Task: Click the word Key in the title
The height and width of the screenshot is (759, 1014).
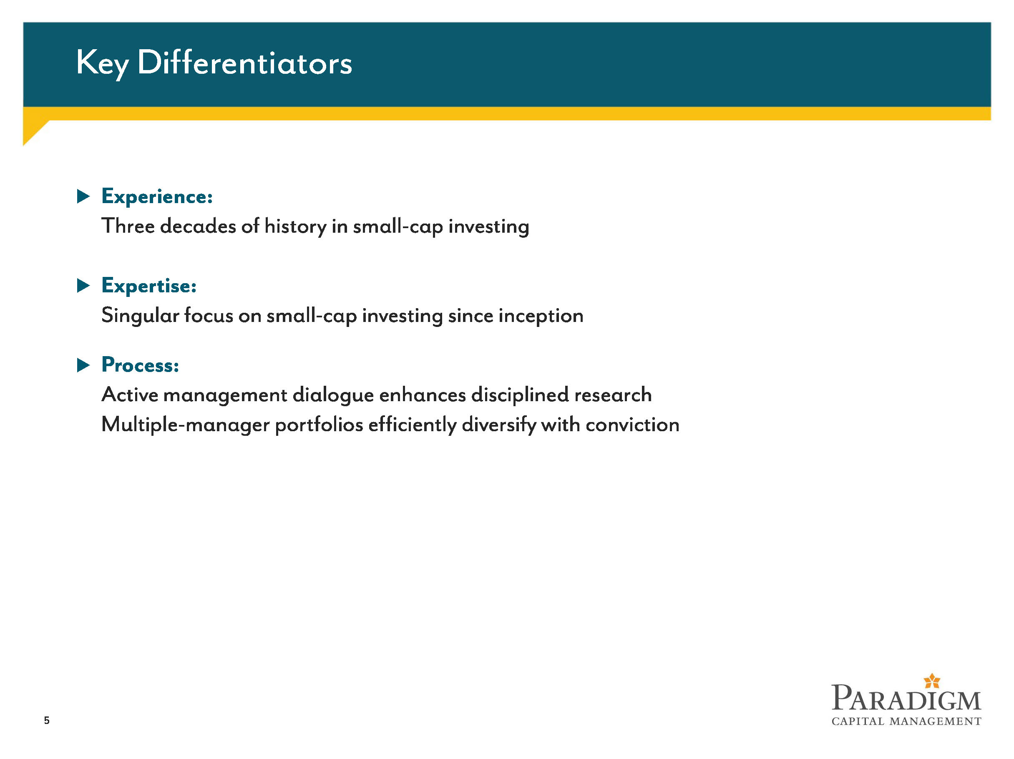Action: pos(102,64)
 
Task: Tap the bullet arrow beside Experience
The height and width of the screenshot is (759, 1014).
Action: pos(83,196)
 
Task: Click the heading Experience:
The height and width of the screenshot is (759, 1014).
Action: pos(157,196)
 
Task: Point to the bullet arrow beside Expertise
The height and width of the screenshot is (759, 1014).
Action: pos(83,286)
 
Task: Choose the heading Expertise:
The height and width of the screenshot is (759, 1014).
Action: pos(149,286)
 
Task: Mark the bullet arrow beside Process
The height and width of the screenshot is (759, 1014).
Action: pos(83,365)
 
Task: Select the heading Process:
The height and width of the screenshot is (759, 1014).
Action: pos(140,365)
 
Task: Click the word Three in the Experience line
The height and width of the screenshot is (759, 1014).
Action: pos(128,226)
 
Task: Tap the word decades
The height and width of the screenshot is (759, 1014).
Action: pos(199,226)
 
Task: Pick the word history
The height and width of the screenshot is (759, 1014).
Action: pos(296,227)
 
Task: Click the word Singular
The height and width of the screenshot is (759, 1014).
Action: pos(140,316)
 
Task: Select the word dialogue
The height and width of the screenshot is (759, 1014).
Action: pos(333,395)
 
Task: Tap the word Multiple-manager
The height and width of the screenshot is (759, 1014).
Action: pos(186,425)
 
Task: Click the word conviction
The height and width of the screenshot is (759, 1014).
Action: pos(633,425)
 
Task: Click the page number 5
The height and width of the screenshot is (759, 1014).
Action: pos(47,720)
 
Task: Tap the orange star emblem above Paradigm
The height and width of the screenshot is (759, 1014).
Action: pos(932,681)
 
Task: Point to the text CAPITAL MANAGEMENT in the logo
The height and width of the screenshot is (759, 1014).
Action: pos(906,721)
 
